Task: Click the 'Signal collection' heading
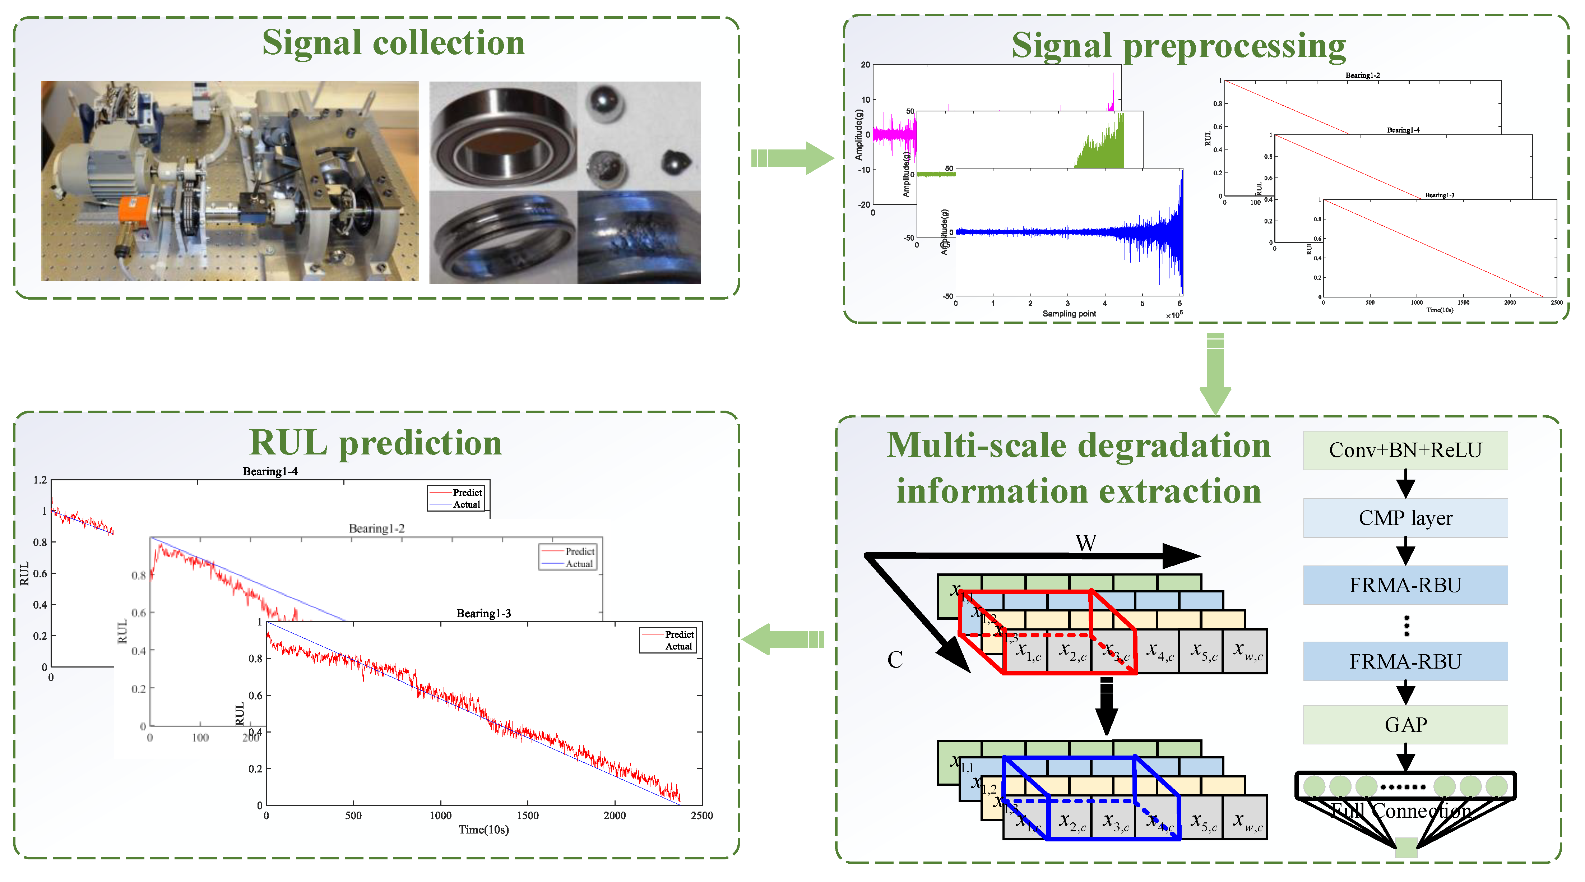[393, 43]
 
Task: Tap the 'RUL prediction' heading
[375, 443]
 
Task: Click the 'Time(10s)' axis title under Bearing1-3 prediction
[484, 830]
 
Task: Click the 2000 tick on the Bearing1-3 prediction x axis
[614, 816]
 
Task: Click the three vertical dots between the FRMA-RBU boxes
[1406, 625]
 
